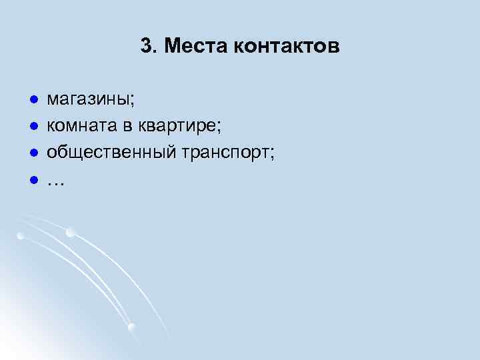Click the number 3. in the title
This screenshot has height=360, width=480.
click(x=149, y=47)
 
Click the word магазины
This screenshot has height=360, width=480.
click(x=87, y=100)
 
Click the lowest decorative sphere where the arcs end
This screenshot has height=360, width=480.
click(x=131, y=327)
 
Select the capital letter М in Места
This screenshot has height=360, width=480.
click(x=171, y=47)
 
